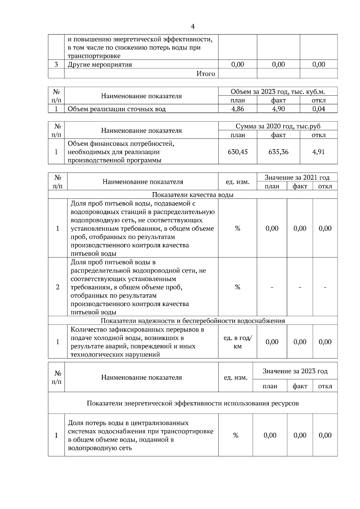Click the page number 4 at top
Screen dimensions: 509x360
(x=193, y=27)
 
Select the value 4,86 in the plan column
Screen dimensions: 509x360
(x=238, y=109)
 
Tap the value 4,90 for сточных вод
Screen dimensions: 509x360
(x=278, y=109)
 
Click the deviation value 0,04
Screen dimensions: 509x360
(x=319, y=109)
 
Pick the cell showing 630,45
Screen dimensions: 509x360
(x=238, y=152)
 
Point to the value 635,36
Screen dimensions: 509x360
(x=278, y=152)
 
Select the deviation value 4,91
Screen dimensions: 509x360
(x=319, y=152)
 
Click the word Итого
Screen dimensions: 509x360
(x=205, y=74)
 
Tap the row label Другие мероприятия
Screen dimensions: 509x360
(x=100, y=64)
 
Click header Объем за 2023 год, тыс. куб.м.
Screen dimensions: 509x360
(x=278, y=92)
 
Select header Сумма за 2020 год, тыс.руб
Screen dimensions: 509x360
(x=278, y=126)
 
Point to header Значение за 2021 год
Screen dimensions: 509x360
(x=297, y=177)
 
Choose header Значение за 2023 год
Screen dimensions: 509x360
(x=295, y=371)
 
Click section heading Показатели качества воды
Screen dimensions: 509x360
(x=193, y=195)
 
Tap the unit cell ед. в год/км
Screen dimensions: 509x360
(x=238, y=342)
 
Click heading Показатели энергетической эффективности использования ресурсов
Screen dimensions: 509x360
(x=193, y=403)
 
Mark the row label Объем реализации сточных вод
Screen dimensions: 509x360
(x=116, y=109)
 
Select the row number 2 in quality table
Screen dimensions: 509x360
(x=58, y=287)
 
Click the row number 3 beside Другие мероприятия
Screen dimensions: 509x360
(x=56, y=64)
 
